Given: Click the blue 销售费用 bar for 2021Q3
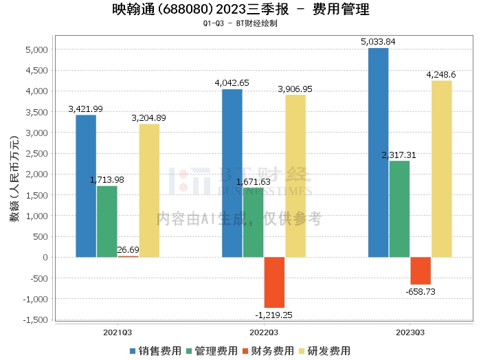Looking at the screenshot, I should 86,185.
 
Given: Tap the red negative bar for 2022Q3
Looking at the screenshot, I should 274,282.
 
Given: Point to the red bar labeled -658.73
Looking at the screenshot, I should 421,271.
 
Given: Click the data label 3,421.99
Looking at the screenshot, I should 86,109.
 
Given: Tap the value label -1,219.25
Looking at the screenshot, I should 274,314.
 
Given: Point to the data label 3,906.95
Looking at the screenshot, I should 295,89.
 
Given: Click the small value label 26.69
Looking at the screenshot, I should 128,249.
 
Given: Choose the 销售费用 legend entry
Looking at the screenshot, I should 155,351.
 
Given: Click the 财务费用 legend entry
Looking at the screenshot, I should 267,351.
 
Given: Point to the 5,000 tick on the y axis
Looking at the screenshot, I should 35,50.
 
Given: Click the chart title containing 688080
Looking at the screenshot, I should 240,10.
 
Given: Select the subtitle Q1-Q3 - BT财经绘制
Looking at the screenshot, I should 240,23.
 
